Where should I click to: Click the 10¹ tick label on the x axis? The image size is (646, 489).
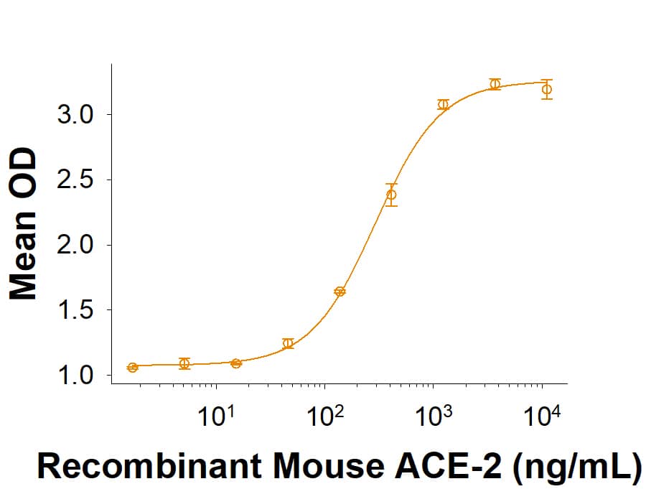tap(216, 416)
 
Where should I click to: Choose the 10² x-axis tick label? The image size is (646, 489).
tap(324, 416)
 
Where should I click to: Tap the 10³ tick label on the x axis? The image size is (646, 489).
tap(433, 416)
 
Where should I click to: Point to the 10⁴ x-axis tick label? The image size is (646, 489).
tap(542, 416)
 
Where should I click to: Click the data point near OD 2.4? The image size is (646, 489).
tap(391, 195)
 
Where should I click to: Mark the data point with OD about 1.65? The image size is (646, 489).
tap(340, 292)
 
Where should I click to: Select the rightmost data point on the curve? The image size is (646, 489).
tap(547, 89)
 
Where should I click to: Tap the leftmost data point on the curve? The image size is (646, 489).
tap(133, 368)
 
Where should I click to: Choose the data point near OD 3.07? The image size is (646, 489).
tap(443, 105)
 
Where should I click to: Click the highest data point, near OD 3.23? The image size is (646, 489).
tap(495, 84)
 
